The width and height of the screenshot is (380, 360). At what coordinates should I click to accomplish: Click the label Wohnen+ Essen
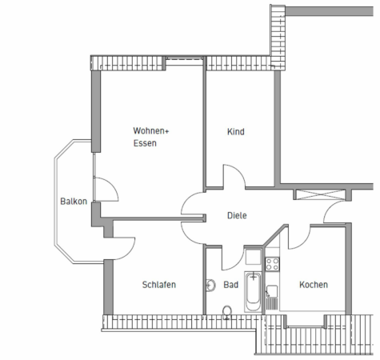(x=150, y=137)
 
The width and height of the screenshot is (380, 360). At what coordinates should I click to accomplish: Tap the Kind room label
(x=235, y=132)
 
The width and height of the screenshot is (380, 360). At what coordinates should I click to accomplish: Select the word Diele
(x=236, y=215)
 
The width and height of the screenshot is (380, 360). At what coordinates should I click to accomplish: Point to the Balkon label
(x=74, y=201)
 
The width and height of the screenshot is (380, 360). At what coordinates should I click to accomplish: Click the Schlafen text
(x=158, y=285)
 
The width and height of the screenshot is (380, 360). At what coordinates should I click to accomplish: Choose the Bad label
(x=231, y=285)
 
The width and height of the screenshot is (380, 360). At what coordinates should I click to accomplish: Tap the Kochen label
(x=313, y=285)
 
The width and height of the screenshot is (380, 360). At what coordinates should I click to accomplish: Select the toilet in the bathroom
(x=226, y=310)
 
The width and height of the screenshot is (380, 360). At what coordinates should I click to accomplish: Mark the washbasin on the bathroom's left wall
(x=210, y=284)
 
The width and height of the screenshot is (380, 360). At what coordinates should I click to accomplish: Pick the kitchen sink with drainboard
(x=272, y=295)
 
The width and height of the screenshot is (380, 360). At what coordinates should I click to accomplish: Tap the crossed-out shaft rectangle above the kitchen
(x=321, y=194)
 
